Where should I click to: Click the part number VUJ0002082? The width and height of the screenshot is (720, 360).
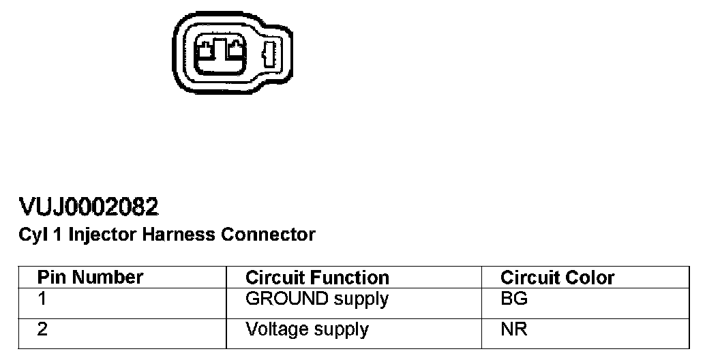89,207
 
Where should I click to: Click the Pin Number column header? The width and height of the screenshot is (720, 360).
90,277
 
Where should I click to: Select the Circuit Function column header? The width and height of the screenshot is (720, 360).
317,278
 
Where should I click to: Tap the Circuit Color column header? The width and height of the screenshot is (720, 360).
557,278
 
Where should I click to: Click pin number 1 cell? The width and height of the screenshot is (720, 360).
42,299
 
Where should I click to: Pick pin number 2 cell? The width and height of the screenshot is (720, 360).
43,330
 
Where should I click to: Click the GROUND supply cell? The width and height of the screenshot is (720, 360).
316,299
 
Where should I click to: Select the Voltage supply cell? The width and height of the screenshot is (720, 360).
307,330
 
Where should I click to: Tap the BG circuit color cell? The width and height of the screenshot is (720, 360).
513,299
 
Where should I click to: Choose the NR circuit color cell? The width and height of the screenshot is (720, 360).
513,330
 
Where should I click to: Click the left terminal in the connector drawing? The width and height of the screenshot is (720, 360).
207,49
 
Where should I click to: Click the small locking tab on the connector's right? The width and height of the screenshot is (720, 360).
269,55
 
